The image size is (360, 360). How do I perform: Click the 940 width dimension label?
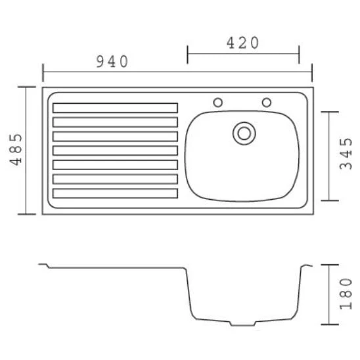tap(112, 62)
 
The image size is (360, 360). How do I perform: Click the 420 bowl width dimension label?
tap(243, 43)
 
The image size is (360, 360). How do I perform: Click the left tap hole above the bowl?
tap(218, 102)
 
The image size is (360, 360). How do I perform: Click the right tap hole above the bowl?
tap(267, 102)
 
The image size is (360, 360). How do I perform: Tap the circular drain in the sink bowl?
tap(244, 133)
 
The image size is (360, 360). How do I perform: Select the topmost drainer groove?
tap(115, 108)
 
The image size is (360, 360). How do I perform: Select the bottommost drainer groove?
tap(115, 193)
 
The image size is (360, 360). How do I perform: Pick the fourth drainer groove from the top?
tap(115, 150)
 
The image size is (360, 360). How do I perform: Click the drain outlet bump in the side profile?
tap(242, 323)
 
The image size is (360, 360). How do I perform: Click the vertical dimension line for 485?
tap(27, 150)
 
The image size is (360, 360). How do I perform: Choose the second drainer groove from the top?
tap(115, 122)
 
